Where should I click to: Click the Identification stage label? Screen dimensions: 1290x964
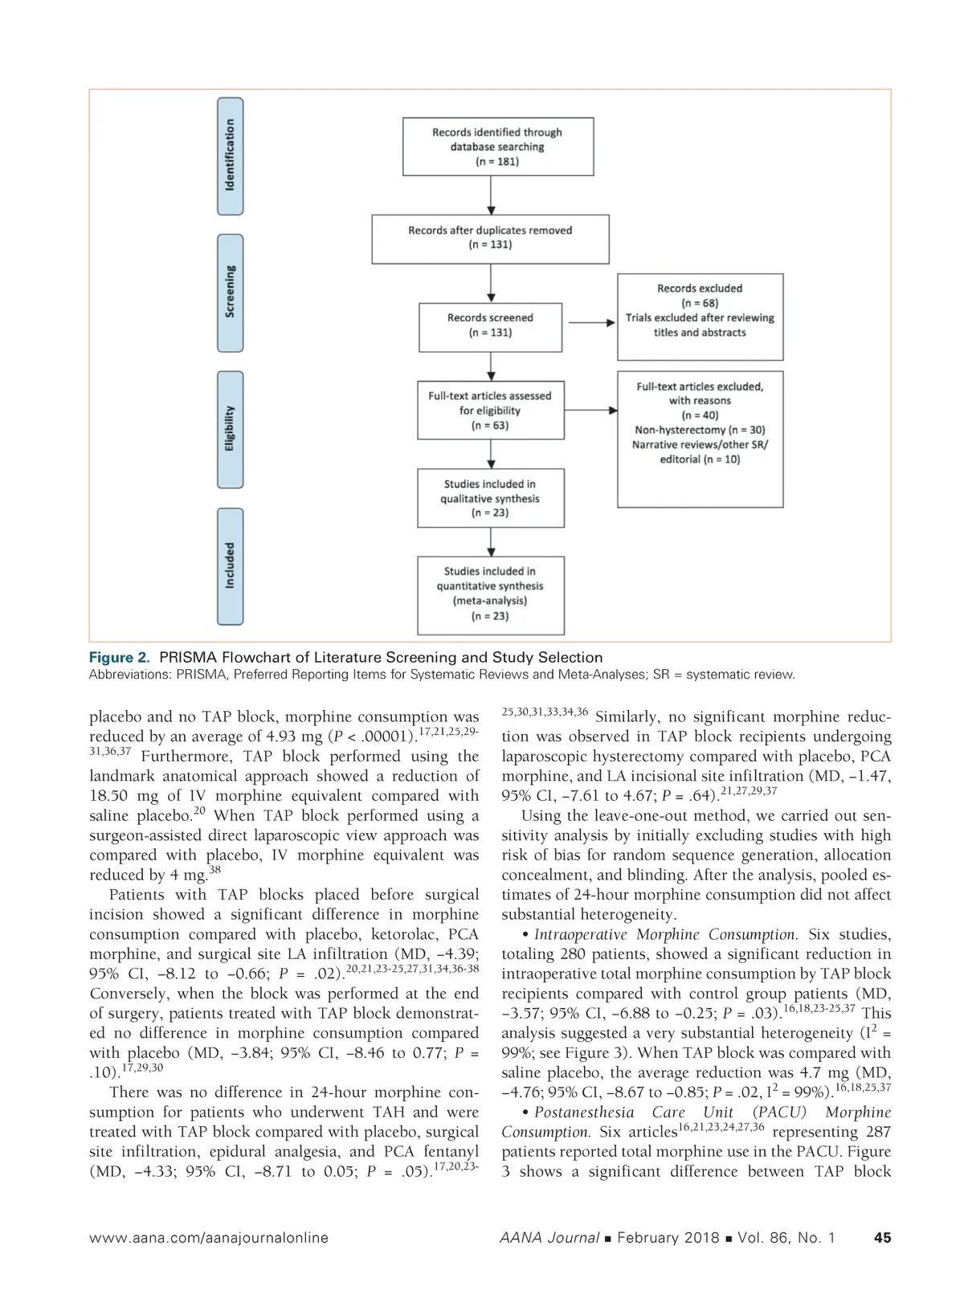tap(230, 156)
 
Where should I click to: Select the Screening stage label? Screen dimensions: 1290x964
tap(230, 292)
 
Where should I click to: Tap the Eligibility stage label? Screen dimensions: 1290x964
tap(230, 429)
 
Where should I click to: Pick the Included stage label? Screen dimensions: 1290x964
tap(230, 565)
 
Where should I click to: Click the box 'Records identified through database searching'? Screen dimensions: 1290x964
tap(497, 147)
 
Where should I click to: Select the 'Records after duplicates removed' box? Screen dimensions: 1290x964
tap(490, 238)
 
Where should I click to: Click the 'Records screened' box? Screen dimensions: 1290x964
tap(490, 325)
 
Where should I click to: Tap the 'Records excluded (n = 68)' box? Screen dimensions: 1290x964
tap(700, 316)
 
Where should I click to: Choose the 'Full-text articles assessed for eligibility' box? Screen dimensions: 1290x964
tap(490, 410)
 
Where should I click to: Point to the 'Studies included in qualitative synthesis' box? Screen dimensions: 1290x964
tap(490, 498)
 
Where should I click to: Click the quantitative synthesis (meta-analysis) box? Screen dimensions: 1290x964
tap(490, 594)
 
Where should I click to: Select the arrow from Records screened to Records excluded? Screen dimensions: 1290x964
tap(590, 323)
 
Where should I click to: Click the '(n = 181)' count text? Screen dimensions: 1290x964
tap(497, 161)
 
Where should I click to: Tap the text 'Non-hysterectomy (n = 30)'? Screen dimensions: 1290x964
tap(700, 430)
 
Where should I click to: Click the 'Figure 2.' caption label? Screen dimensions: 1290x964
tap(119, 657)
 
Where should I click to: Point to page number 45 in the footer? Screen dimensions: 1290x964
tap(881, 1238)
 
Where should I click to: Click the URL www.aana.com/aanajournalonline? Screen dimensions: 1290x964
tap(209, 1238)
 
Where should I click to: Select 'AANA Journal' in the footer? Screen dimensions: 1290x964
tap(549, 1238)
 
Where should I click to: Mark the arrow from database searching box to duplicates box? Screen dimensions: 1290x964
tap(491, 195)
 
